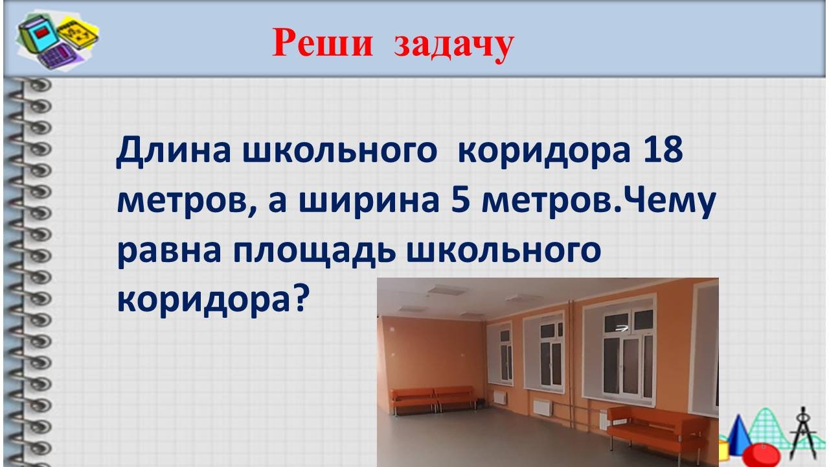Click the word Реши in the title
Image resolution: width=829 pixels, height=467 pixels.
click(x=323, y=43)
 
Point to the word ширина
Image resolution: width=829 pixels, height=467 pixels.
click(x=369, y=201)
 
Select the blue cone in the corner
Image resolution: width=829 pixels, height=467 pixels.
click(x=739, y=434)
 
